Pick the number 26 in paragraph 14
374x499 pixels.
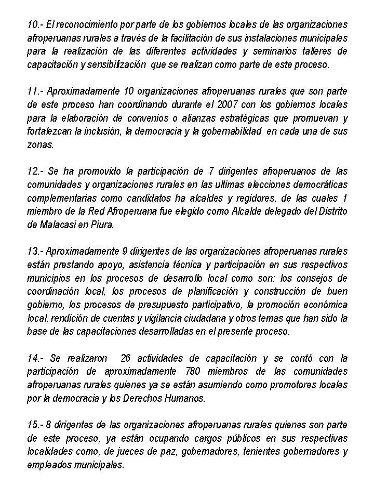pyautogui.click(x=126, y=358)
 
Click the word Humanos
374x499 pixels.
pyautogui.click(x=186, y=399)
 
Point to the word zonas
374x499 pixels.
pyautogui.click(x=40, y=145)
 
